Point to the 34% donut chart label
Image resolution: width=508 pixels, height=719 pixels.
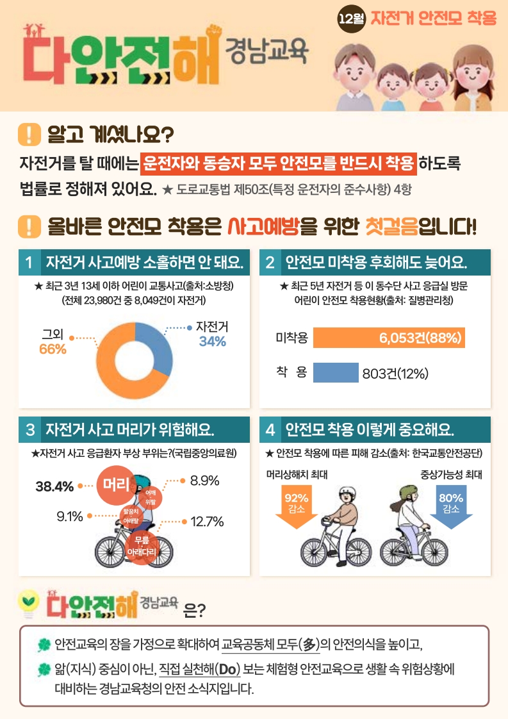(x=212, y=342)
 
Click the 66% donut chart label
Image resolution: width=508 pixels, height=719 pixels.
(x=53, y=349)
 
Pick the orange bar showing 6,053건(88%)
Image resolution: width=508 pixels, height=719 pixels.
(x=389, y=338)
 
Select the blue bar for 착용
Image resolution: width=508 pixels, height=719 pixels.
(x=336, y=372)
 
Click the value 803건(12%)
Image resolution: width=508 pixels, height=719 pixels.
(x=395, y=374)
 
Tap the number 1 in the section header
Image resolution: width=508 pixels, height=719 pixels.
(x=29, y=263)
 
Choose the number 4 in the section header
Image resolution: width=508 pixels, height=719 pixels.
(x=270, y=429)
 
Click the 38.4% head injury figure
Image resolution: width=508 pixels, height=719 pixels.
(x=54, y=486)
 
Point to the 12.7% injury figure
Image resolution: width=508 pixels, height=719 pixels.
(x=207, y=522)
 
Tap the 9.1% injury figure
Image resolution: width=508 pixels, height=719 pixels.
(x=70, y=515)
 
